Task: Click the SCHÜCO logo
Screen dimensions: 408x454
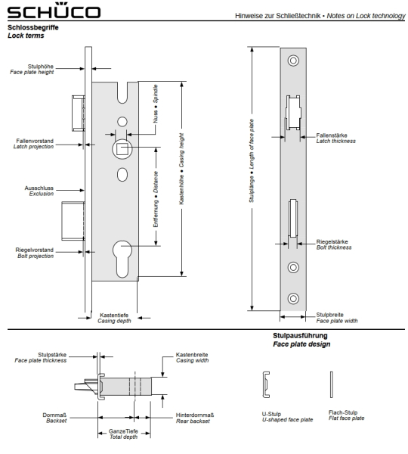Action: pos(54,11)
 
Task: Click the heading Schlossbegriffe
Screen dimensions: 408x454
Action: pos(33,27)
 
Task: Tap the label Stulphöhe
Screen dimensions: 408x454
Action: pos(41,67)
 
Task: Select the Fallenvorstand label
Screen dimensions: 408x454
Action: pos(35,141)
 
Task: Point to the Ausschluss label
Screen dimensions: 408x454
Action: pos(39,188)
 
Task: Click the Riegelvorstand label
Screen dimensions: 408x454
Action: pos(35,250)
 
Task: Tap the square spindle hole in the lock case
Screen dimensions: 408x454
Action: pos(122,149)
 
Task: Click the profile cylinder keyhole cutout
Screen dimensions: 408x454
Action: pos(122,259)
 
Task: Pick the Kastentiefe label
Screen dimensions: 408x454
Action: pos(114,315)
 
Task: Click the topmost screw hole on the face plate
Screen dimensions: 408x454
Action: pos(293,61)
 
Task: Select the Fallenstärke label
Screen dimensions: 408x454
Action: pos(332,135)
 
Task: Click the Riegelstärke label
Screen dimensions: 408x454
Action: pos(332,241)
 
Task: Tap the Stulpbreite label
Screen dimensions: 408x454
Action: pos(329,315)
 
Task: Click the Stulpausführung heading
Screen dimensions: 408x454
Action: pos(300,335)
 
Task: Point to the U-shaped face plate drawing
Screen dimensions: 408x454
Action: pos(266,384)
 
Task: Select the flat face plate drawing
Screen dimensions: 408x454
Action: pos(332,384)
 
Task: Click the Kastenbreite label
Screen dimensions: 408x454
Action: pos(192,355)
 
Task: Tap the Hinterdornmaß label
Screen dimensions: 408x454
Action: pos(195,415)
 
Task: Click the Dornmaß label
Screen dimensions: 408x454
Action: pos(54,415)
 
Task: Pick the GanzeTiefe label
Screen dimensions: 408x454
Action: pos(123,431)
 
